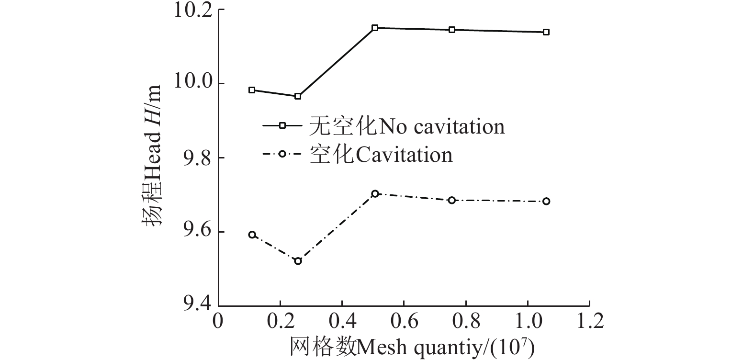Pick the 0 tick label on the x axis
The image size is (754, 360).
(218, 321)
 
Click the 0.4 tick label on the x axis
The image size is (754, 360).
(342, 321)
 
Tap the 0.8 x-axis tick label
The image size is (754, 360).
(465, 321)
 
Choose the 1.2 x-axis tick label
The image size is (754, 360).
(589, 321)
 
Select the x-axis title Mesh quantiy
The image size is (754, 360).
(412, 346)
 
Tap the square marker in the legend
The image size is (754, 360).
(282, 125)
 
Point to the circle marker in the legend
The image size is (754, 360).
(282, 154)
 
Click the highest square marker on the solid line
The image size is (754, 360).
(375, 28)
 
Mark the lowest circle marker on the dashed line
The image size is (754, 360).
(298, 261)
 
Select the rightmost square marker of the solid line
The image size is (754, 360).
(546, 32)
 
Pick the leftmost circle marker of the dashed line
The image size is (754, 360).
(252, 235)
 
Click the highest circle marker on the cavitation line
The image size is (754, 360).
(375, 193)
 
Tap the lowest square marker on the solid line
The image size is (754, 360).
(298, 96)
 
